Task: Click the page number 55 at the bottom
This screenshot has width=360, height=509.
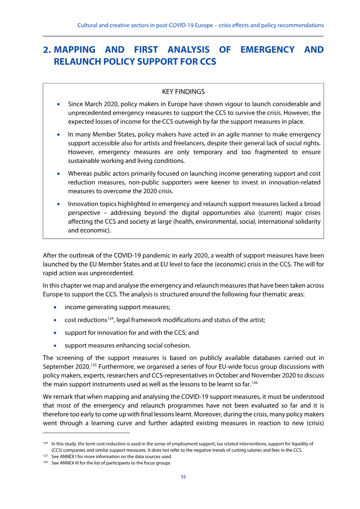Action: tap(183, 477)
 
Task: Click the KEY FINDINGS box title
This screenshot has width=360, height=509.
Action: tap(183, 92)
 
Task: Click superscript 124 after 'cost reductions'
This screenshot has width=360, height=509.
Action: tap(110, 318)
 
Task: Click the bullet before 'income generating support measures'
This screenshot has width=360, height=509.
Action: tap(55, 307)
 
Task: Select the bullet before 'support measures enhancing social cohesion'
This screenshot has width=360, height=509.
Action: tap(55, 346)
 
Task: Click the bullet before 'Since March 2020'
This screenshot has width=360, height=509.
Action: tap(58, 104)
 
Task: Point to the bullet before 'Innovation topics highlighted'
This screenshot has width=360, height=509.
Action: tap(58, 204)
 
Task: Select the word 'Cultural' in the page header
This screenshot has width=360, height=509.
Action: tap(88, 25)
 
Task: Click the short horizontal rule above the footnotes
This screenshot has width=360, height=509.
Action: tap(86, 433)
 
